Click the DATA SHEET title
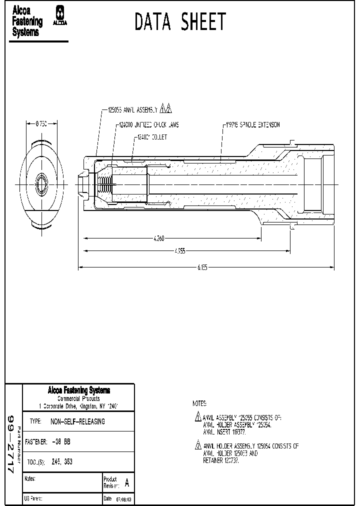point(180,22)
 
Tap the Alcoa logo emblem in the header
point(60,15)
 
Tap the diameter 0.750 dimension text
point(41,124)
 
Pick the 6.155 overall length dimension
point(201,268)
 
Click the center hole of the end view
point(41,184)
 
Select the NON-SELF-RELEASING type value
point(77,421)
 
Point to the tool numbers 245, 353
point(61,462)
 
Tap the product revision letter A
point(126,483)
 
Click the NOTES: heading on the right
point(200,403)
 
